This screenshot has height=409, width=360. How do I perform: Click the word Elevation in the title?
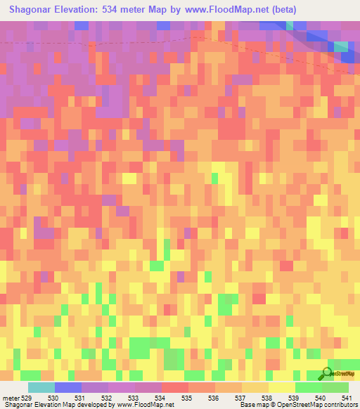(86, 10)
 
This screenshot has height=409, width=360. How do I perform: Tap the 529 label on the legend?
(27, 398)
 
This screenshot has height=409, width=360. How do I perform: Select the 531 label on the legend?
(82, 398)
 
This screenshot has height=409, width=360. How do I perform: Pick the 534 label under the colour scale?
(162, 398)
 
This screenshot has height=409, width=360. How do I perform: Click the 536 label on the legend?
(215, 398)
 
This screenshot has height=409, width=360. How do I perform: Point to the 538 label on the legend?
(269, 398)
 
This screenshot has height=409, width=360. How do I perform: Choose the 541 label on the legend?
(347, 398)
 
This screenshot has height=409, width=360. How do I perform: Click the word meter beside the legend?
(9, 398)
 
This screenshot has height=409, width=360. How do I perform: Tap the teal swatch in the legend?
(41, 387)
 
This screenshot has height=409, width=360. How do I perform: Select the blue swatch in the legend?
(68, 387)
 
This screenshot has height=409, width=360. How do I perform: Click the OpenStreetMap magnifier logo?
(326, 373)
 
